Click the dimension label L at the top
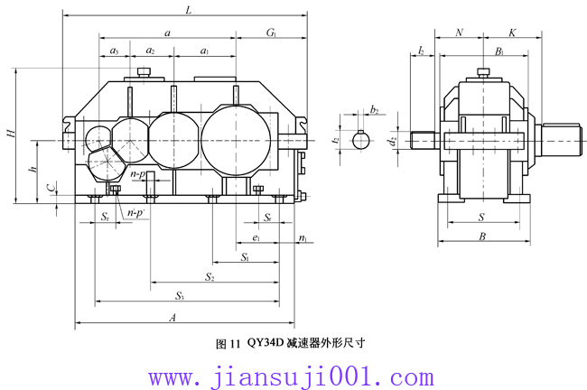pos(187,11)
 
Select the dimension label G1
pos(271,32)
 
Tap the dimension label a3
pos(114,51)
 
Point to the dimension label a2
pos(150,51)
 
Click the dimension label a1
pos(205,51)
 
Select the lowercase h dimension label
pos(32,171)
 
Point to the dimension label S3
pos(180,296)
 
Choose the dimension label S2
pos(210,276)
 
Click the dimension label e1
pos(257,238)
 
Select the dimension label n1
pos(303,238)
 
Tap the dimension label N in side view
pos(460,32)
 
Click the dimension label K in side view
pos(512,32)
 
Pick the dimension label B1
pos(498,51)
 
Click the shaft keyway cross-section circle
pos(361,140)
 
